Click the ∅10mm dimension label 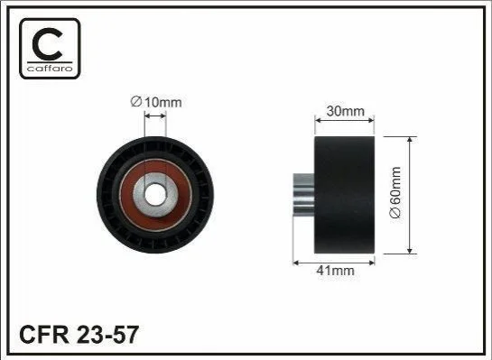(156, 102)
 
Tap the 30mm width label (345, 111)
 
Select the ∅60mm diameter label (395, 192)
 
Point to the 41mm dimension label (336, 271)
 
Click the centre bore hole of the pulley (155, 194)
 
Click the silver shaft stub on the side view (303, 195)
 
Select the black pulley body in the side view (344, 195)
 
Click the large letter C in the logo (48, 44)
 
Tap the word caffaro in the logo (50, 68)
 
